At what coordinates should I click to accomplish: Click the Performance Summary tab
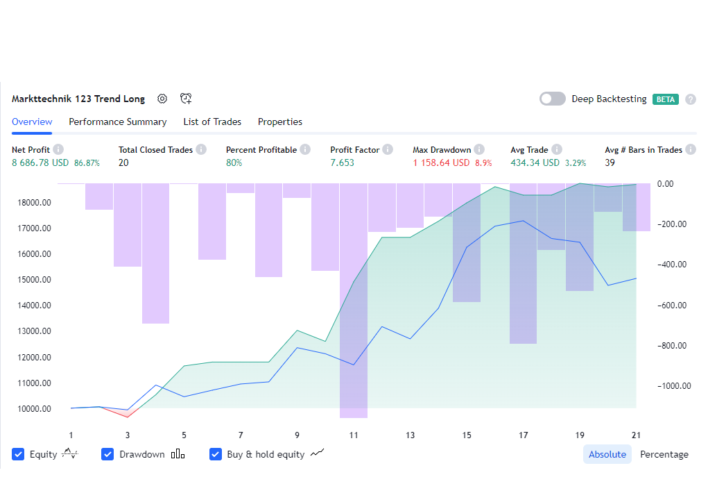pyautogui.click(x=117, y=122)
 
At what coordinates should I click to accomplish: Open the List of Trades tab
pyautogui.click(x=212, y=122)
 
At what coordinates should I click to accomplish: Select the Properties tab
pyautogui.click(x=280, y=122)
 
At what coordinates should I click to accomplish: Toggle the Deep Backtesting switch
pyautogui.click(x=553, y=99)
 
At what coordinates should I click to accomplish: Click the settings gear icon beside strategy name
pyautogui.click(x=162, y=99)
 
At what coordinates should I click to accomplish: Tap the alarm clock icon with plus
pyautogui.click(x=185, y=99)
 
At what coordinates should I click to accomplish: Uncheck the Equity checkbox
pyautogui.click(x=18, y=454)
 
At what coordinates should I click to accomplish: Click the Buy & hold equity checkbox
pyautogui.click(x=216, y=454)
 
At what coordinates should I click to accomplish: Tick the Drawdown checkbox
pyautogui.click(x=107, y=454)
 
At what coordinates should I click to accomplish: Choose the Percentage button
pyautogui.click(x=664, y=454)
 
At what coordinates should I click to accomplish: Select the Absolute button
pyautogui.click(x=607, y=454)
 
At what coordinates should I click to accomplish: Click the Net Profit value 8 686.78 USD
pyautogui.click(x=40, y=162)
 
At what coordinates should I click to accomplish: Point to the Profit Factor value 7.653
pyautogui.click(x=342, y=162)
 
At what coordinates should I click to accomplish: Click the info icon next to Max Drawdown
pyautogui.click(x=479, y=149)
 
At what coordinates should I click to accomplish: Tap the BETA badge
pyautogui.click(x=666, y=99)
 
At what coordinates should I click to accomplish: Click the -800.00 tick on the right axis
pyautogui.click(x=671, y=346)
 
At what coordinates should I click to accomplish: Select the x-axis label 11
pyautogui.click(x=354, y=435)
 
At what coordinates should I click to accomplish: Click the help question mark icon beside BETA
pyautogui.click(x=691, y=99)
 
